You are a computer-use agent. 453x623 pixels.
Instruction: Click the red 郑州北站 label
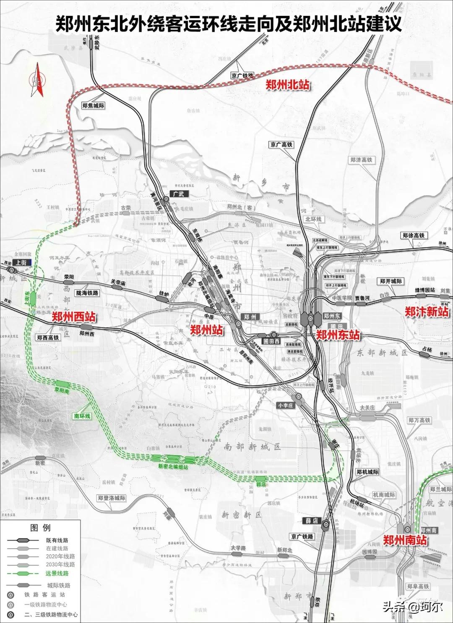click(288, 84)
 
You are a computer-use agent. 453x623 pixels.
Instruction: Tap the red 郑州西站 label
click(73, 317)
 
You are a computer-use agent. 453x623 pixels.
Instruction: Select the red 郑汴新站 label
click(426, 311)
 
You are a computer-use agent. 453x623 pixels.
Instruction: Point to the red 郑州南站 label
click(405, 539)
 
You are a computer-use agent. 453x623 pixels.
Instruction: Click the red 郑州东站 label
click(338, 335)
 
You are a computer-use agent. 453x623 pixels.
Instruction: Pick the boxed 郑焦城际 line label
click(93, 106)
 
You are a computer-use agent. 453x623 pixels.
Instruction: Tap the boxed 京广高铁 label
click(281, 145)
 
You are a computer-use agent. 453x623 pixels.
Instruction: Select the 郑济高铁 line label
click(361, 160)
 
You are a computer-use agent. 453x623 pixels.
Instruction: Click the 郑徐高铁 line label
click(414, 236)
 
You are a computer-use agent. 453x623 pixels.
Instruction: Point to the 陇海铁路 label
click(87, 293)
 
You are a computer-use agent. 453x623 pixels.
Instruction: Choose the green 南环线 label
click(82, 416)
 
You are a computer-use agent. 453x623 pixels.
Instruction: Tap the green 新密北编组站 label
click(173, 466)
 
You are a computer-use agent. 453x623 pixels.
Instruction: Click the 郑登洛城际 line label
click(112, 498)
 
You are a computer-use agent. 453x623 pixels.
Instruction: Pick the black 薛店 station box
click(312, 521)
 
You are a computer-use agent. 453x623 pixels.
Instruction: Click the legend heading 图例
click(40, 528)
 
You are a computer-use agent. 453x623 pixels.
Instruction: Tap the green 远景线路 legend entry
click(57, 573)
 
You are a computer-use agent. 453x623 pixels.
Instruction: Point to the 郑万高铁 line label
click(419, 420)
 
